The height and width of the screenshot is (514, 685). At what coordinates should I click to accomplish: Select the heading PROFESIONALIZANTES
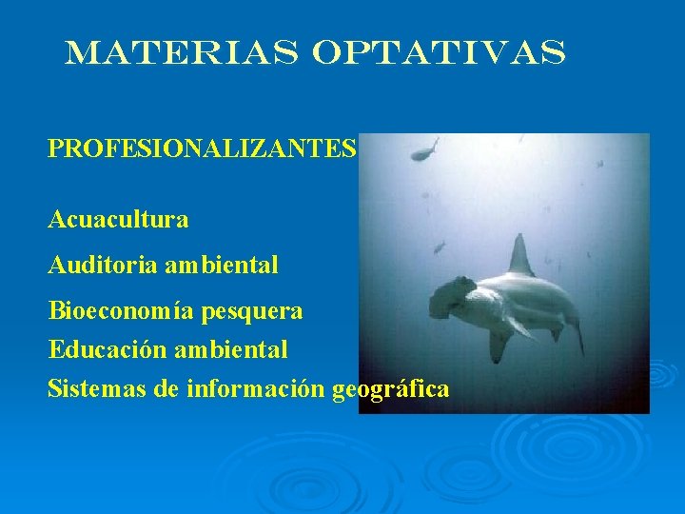pyautogui.click(x=203, y=149)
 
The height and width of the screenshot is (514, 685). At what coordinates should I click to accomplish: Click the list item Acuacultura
pyautogui.click(x=119, y=220)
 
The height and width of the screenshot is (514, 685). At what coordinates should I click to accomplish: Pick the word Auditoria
pyautogui.click(x=103, y=266)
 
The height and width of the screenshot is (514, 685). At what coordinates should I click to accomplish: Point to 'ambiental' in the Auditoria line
pyautogui.click(x=222, y=266)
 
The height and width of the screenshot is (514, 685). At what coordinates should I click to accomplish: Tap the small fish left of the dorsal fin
pyautogui.click(x=439, y=247)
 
